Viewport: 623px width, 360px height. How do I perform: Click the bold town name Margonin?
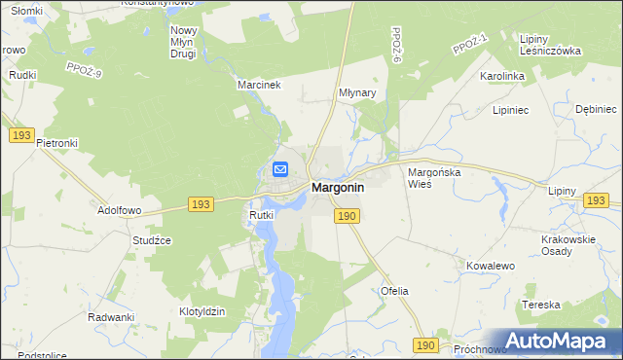coord(337,188)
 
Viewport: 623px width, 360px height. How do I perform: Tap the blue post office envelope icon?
coord(280,169)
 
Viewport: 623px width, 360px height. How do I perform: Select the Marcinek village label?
coord(259,85)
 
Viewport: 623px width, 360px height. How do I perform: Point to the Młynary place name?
coord(357,93)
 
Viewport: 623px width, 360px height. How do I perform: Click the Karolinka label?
coord(502,75)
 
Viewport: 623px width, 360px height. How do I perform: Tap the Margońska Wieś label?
coord(433,176)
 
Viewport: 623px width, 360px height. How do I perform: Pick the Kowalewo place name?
coord(490,265)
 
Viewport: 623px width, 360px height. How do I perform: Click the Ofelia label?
coord(394,291)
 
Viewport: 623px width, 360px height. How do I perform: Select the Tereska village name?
coord(541,305)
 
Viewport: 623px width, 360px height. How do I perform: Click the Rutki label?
coord(261,215)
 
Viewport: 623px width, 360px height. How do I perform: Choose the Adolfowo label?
coord(120,209)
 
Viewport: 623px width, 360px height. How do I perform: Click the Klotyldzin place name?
coord(202,311)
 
